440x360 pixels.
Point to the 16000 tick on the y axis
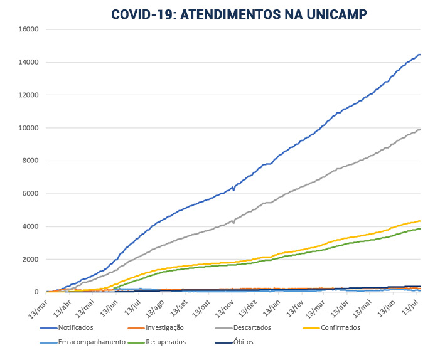(29, 29)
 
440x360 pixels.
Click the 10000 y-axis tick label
(29, 128)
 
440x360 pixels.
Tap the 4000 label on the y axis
(31, 226)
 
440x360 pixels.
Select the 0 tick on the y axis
(36, 292)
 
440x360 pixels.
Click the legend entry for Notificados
(76, 327)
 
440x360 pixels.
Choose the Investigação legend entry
(163, 327)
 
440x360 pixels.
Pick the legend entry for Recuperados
(166, 342)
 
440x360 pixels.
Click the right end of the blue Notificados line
(420, 55)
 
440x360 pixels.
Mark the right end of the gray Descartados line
(420, 129)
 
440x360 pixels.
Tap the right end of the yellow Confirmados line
(420, 221)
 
